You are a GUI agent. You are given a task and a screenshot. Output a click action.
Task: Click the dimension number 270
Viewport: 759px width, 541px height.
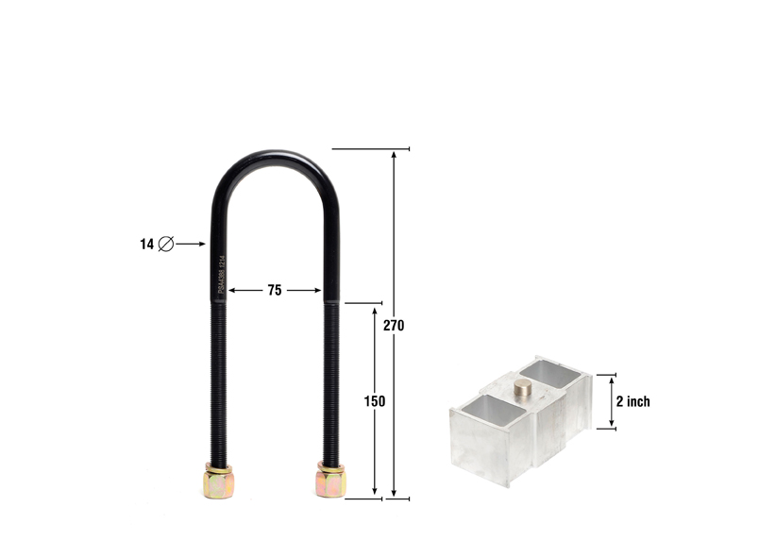pos(394,325)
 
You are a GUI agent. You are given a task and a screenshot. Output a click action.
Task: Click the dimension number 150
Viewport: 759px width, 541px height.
pos(375,400)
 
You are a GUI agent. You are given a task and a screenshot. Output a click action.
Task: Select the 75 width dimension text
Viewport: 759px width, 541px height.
pos(274,291)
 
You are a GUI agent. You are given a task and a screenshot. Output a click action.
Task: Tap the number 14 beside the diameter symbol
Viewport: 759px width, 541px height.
pos(146,244)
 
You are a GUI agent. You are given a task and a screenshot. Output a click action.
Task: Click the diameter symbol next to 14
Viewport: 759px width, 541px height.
pos(166,244)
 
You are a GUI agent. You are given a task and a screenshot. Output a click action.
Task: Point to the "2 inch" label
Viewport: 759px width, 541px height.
pos(632,401)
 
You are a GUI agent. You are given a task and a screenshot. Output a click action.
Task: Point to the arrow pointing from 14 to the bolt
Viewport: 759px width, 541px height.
pos(191,244)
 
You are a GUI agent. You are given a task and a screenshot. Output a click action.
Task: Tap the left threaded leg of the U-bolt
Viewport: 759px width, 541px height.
pos(216,378)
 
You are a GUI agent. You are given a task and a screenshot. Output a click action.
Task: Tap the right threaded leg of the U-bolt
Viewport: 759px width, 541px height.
pos(331,378)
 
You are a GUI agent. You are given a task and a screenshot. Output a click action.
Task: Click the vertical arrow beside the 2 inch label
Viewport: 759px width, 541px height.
pos(611,401)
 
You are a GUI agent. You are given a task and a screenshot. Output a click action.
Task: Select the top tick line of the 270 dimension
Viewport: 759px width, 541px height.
pos(371,148)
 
